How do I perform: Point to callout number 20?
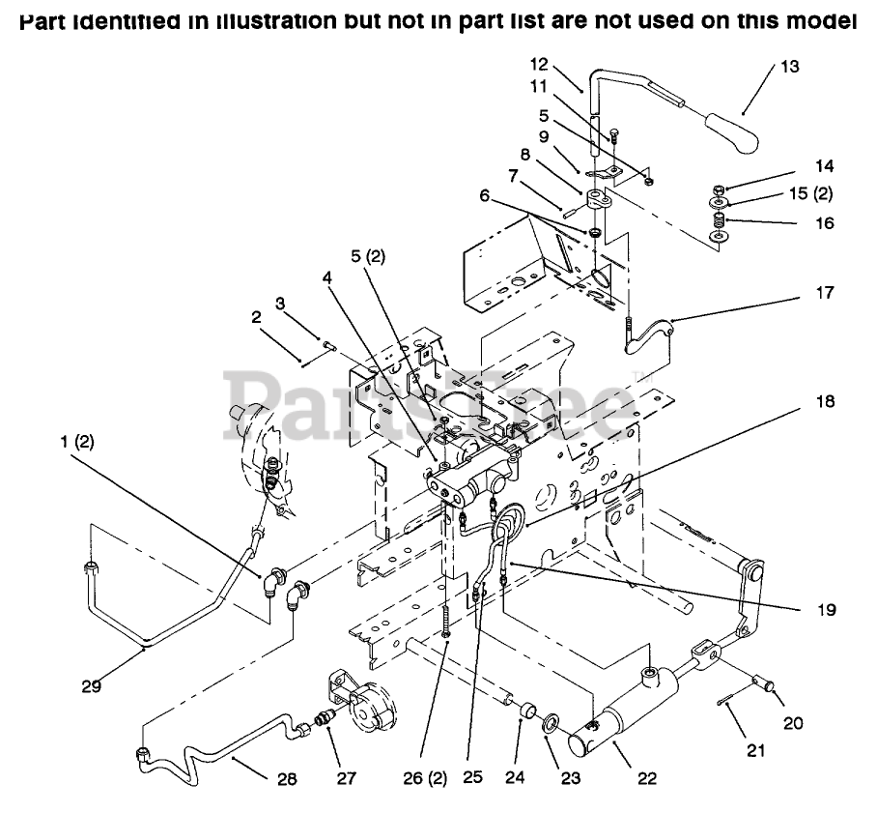(x=792, y=721)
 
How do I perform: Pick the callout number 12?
(x=539, y=65)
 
